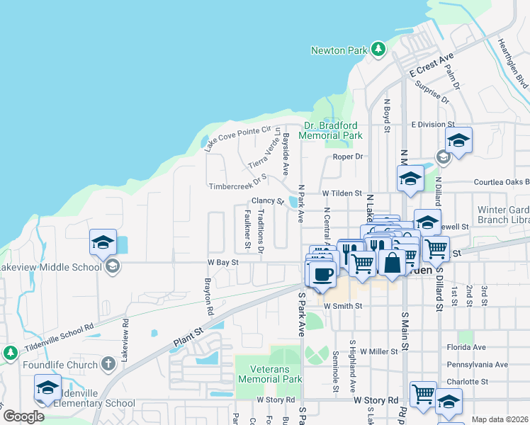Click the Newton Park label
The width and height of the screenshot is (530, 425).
click(339, 50)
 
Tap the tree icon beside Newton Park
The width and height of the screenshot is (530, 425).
click(378, 49)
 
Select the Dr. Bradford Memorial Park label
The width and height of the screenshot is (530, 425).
click(332, 130)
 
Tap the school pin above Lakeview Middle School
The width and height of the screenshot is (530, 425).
click(103, 242)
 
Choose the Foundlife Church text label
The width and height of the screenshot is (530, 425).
click(59, 366)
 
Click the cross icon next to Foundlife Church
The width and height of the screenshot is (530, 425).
click(108, 365)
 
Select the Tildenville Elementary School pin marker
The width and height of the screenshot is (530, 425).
click(47, 388)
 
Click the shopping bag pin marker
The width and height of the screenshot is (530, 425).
click(391, 262)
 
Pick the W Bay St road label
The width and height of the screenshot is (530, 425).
click(223, 262)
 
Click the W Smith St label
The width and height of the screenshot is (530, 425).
click(343, 306)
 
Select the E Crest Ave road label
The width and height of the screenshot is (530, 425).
click(431, 64)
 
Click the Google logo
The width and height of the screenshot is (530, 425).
click(23, 416)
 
